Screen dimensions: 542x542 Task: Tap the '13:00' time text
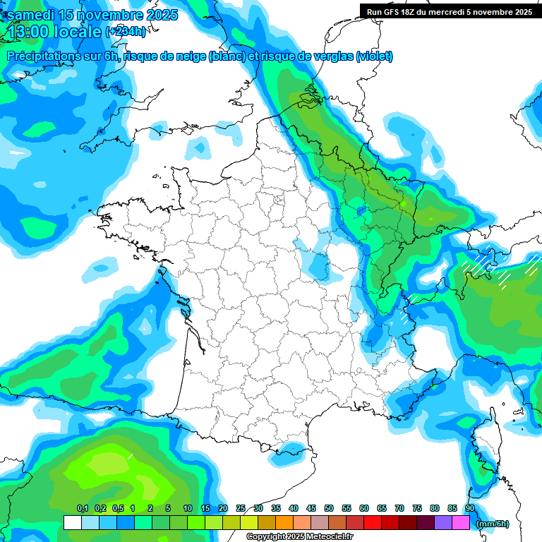(x=28, y=31)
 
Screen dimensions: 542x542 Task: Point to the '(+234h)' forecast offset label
(x=126, y=31)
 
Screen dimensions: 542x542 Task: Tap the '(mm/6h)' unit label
(x=493, y=523)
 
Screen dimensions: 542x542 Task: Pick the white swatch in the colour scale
(x=72, y=523)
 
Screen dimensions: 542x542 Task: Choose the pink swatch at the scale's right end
(x=461, y=523)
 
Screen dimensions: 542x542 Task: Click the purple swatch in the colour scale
(x=443, y=523)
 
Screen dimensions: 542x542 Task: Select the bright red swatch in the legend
(x=373, y=523)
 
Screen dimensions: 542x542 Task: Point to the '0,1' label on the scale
(x=82, y=509)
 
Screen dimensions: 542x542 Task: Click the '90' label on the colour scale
(x=470, y=509)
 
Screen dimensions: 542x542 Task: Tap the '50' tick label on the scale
(x=329, y=509)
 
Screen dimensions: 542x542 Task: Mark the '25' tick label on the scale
(x=241, y=509)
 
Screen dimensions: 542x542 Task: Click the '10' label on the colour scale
(x=188, y=509)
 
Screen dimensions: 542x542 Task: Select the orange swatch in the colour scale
(x=284, y=523)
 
